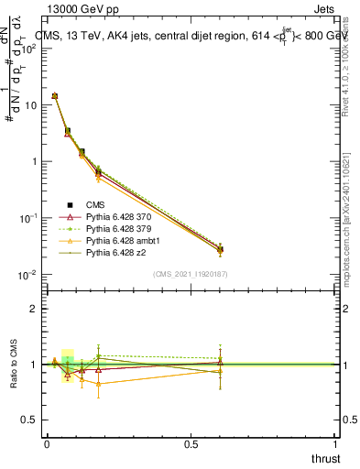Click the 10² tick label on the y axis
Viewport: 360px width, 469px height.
click(28, 48)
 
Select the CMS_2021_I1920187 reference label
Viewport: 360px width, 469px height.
click(191, 274)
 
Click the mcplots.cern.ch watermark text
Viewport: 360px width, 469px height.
click(344, 220)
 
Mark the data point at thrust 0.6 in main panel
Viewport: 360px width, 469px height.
click(220, 249)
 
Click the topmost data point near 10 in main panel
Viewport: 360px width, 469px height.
click(55, 95)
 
